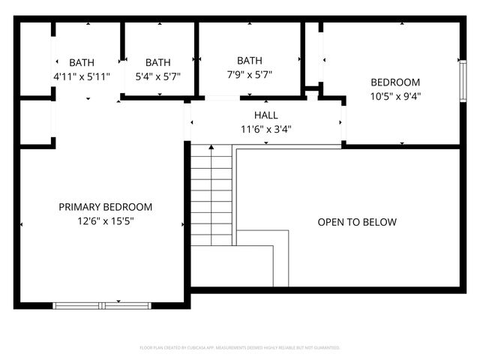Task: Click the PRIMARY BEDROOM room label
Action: [106, 207]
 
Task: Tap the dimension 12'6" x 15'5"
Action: [106, 220]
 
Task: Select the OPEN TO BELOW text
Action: [357, 222]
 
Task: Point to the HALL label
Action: [265, 115]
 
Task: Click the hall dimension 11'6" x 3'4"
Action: [265, 129]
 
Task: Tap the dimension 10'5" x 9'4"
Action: [395, 95]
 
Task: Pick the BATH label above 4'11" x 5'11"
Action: [82, 63]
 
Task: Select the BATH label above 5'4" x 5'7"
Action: [158, 63]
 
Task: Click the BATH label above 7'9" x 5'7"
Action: [250, 61]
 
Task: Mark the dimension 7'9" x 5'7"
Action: [250, 74]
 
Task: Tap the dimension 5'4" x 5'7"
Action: [158, 76]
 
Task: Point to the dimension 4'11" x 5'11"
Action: [82, 76]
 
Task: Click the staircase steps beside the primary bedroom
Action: [211, 195]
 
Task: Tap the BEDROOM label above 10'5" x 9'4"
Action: [395, 82]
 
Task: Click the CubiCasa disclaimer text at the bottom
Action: [240, 348]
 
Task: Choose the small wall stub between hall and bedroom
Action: [313, 94]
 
